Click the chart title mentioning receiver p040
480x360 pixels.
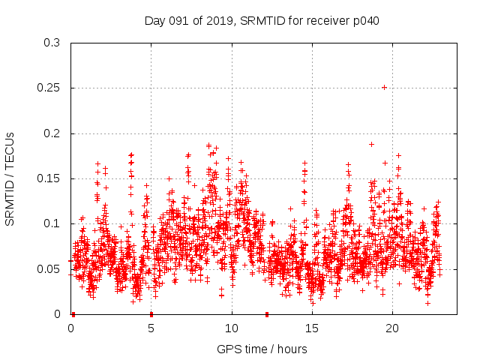pos(262,20)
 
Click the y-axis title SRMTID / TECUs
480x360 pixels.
pos(10,178)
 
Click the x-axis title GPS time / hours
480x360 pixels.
pos(262,349)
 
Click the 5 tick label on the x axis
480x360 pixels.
pos(151,328)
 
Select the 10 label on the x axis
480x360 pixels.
pos(232,328)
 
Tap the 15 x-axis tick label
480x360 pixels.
pos(312,328)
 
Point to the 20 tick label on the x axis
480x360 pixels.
pos(392,328)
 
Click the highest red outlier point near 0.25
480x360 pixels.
pos(384,87)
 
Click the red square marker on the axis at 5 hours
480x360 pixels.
pos(151,313)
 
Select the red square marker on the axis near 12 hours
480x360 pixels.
pos(266,313)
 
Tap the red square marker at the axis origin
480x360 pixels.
pos(73,313)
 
